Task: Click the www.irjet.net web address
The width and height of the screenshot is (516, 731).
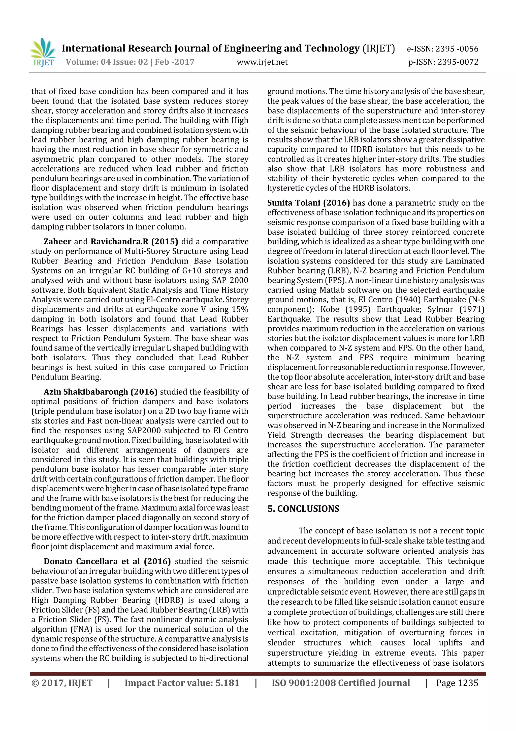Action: pyautogui.click(x=262, y=62)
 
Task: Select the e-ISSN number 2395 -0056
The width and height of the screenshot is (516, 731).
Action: pyautogui.click(x=457, y=49)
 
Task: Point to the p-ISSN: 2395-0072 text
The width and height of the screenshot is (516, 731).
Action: pyautogui.click(x=443, y=62)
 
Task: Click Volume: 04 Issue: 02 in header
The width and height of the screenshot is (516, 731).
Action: pyautogui.click(x=107, y=62)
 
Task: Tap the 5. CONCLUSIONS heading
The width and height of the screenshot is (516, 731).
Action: pyautogui.click(x=303, y=509)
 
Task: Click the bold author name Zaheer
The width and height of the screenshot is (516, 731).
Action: pyautogui.click(x=57, y=242)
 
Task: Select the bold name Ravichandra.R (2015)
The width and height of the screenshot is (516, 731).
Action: pyautogui.click(x=134, y=242)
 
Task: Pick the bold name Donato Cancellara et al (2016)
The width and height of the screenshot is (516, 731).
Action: pyautogui.click(x=107, y=561)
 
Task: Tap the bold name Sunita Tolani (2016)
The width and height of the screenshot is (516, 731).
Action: pyautogui.click(x=308, y=203)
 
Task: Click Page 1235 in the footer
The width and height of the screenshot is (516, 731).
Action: pyautogui.click(x=457, y=683)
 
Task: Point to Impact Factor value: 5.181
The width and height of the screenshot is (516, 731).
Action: pyautogui.click(x=182, y=683)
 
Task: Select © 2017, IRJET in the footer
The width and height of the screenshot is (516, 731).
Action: pyautogui.click(x=62, y=683)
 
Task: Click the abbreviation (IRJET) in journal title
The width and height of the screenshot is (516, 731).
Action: pyautogui.click(x=379, y=48)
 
